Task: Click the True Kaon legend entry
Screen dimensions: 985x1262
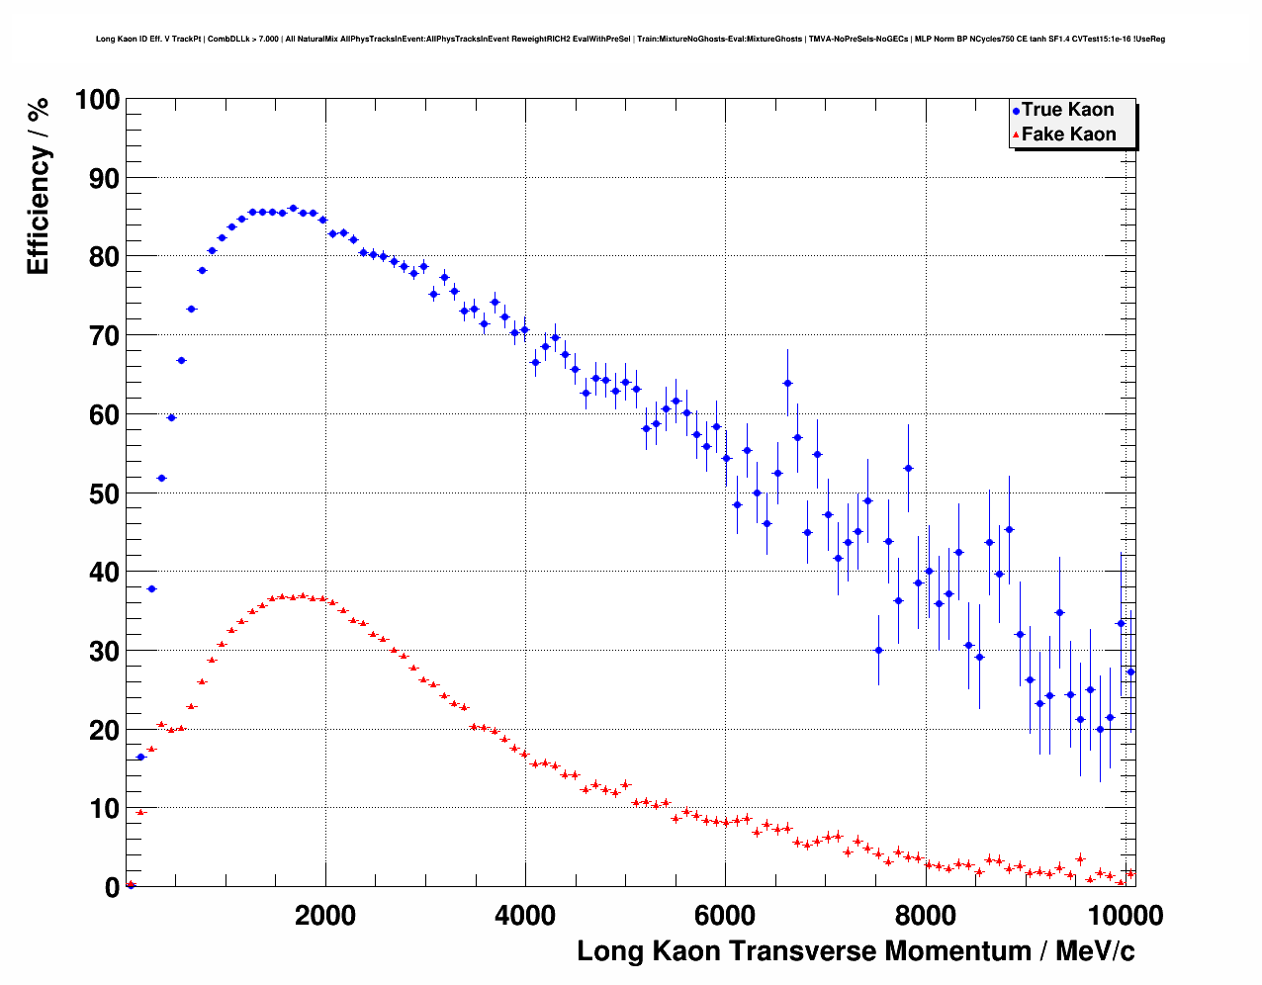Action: coord(1067,110)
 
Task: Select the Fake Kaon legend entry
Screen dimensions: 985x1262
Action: coord(1068,134)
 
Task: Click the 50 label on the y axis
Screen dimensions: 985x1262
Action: coord(104,493)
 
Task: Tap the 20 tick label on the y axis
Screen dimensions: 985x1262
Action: coord(104,730)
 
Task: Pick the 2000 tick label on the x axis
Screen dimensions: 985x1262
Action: coord(325,915)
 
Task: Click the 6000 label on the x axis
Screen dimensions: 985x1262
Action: coord(725,915)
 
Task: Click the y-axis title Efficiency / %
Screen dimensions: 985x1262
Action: coord(38,187)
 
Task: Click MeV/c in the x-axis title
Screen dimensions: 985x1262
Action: coord(1095,951)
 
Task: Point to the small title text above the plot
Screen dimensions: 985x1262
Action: coord(630,40)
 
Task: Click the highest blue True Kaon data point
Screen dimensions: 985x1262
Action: coord(293,209)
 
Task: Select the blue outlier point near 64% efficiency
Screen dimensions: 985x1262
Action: coord(787,383)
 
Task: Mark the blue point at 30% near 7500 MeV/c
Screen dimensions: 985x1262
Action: coord(878,650)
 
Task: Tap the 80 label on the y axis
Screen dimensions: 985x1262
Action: coord(104,257)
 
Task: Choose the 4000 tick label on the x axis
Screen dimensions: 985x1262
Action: coord(525,915)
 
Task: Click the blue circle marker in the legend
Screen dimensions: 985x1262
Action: coord(1016,111)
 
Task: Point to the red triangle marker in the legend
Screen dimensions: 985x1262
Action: coord(1016,135)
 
